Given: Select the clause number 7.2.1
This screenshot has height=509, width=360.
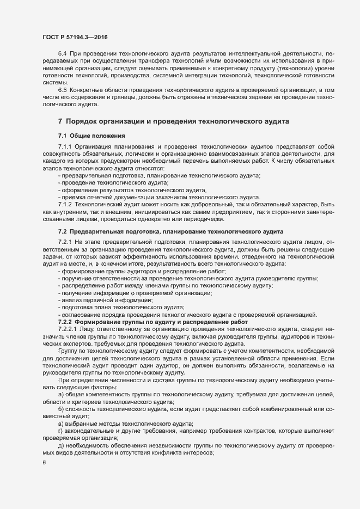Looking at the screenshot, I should click(65, 241).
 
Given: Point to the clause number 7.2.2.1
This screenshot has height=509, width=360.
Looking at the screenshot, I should click(68, 329).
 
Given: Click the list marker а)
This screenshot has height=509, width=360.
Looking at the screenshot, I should click(60, 394).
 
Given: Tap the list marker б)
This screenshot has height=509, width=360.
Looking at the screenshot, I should click(60, 408).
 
